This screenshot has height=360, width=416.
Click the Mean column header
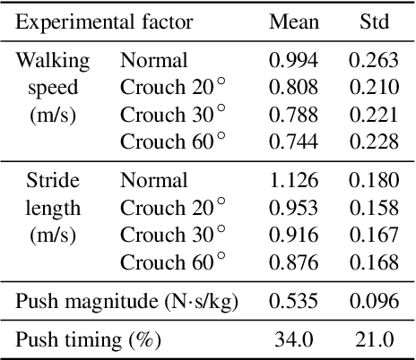[293, 21]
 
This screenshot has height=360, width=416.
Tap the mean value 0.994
[293, 61]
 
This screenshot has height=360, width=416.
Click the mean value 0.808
[293, 88]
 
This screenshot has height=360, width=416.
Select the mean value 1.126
[293, 180]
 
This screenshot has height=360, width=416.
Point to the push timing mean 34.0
[293, 339]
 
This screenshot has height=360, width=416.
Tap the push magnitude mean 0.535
[293, 300]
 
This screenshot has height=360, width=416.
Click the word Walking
[53, 61]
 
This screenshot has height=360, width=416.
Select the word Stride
[53, 180]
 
